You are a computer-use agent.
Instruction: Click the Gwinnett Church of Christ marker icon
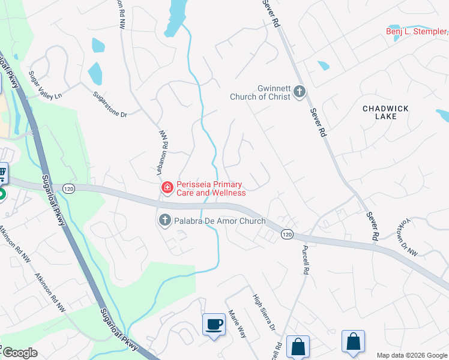coord(299,92)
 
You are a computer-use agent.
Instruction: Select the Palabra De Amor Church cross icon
coord(164,221)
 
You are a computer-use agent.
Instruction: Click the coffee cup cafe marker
coord(214,325)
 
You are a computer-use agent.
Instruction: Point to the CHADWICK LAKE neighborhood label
coord(385,112)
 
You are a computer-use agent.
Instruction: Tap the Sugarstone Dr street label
coord(110,105)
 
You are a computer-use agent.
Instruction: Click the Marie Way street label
coord(237,324)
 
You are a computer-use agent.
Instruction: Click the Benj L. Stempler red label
coord(417,32)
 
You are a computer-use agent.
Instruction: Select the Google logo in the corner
coord(20,353)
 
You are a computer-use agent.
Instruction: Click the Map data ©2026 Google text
coord(411,355)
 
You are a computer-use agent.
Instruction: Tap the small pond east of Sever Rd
coord(323,65)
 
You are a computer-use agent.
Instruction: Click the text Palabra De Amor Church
coord(220,221)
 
